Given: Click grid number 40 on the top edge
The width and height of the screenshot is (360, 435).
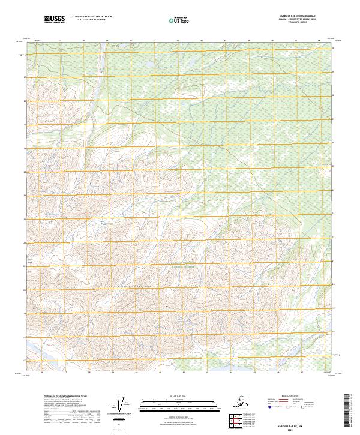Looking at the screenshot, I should (131, 40).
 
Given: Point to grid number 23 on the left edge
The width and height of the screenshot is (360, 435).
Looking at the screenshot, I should (25, 242).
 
